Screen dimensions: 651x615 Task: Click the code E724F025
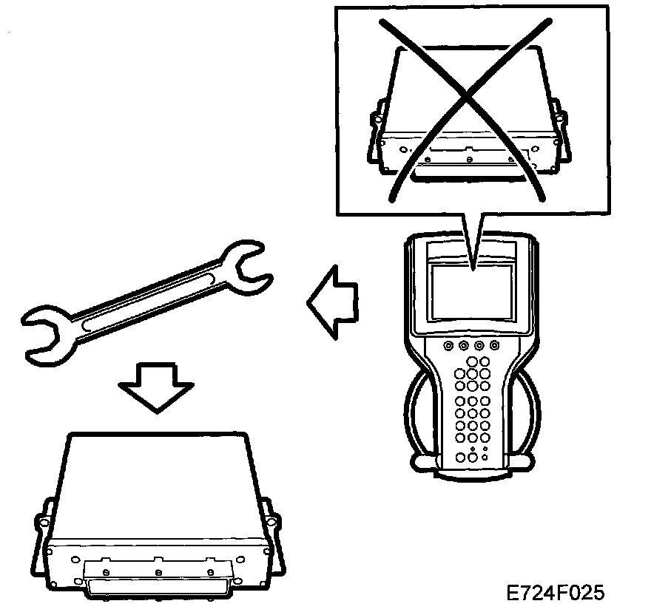pos(556,593)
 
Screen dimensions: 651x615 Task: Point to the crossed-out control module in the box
pos(469,118)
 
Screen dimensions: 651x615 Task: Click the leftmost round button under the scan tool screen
pos(448,345)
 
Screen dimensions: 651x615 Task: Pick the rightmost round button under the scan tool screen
pos(493,345)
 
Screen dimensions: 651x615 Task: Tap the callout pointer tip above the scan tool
pos(471,265)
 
